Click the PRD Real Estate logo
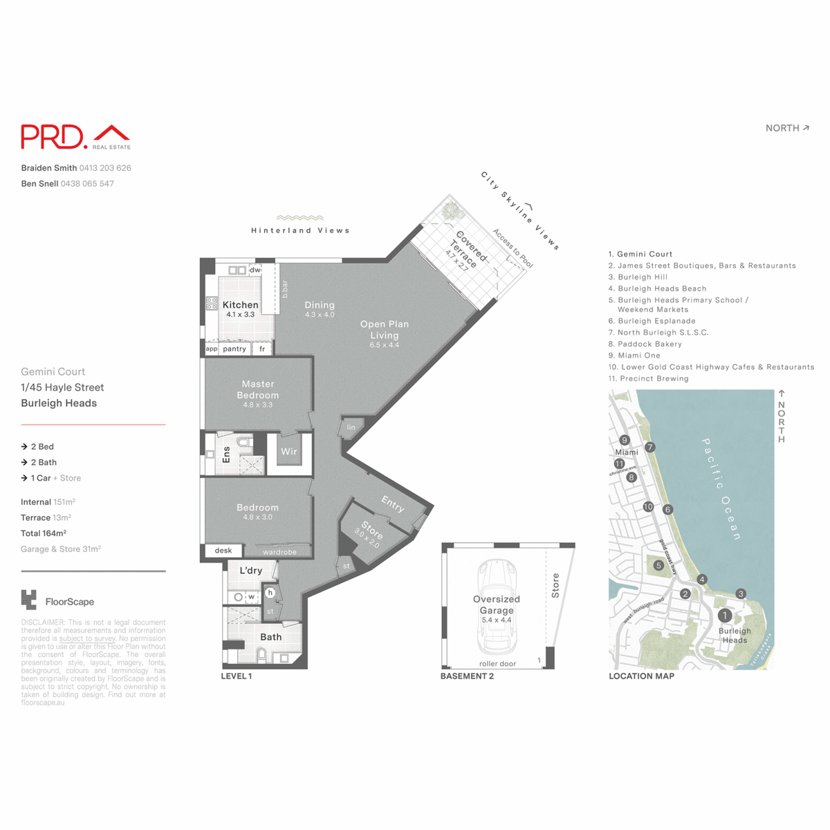coord(75,137)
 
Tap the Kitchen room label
coord(240,305)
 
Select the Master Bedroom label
coord(257,389)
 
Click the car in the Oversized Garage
coord(497,607)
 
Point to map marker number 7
coord(649,448)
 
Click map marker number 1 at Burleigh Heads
coord(725,615)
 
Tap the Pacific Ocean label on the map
coord(721,488)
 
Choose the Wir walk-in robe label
coord(288,452)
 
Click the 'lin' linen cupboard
coord(351,427)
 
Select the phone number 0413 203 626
coord(105,168)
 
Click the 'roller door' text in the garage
coord(497,664)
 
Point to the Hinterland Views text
coord(300,230)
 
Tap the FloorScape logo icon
coord(29,600)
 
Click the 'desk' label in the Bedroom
coord(223,551)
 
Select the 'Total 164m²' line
coord(44,533)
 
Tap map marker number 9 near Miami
coord(625,440)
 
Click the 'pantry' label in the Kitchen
coord(234,349)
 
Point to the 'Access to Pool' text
coord(513,248)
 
